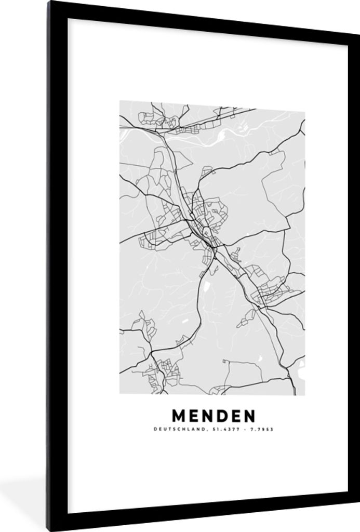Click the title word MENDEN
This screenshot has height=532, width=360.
pyautogui.click(x=214, y=416)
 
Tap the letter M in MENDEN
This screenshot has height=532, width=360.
pyautogui.click(x=178, y=416)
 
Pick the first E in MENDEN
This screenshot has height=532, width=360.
pyautogui.click(x=193, y=416)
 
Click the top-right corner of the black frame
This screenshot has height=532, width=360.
pyautogui.click(x=358, y=31)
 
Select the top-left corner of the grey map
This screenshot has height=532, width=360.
pyautogui.click(x=120, y=101)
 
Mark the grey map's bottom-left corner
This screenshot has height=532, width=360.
pyautogui.click(x=120, y=393)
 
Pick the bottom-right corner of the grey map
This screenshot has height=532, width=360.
pyautogui.click(x=305, y=395)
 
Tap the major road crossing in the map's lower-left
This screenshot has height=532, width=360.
pyautogui.click(x=151, y=353)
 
